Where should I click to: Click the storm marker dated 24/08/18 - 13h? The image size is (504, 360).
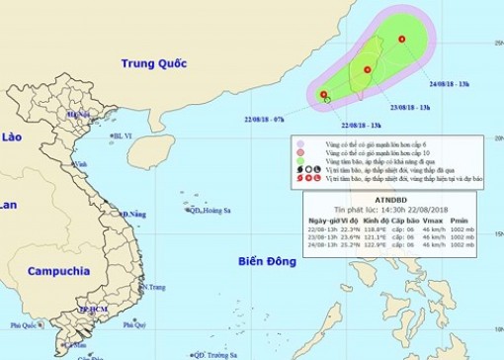402,39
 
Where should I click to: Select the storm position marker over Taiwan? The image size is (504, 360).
368,70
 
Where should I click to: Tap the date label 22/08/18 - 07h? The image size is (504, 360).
267,118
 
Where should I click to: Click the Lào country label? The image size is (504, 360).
11,137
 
